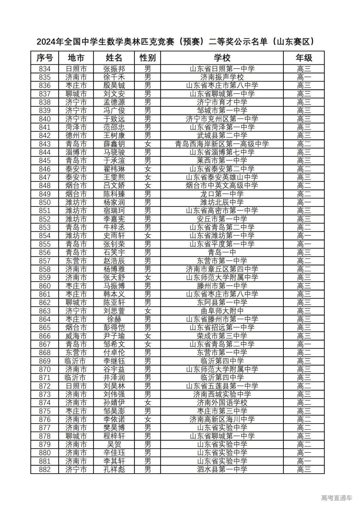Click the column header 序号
[x=45, y=58]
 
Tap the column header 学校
[x=222, y=58]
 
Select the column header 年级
[x=304, y=58]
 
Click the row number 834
[x=45, y=69]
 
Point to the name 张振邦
[x=114, y=69]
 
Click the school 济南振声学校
[x=222, y=77]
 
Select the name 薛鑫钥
[x=114, y=144]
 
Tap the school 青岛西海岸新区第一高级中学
[x=222, y=144]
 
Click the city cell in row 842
[x=76, y=136]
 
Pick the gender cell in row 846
[x=148, y=169]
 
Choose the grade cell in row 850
[x=304, y=202]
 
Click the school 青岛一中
[x=222, y=253]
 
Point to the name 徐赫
[x=114, y=319]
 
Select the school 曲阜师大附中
[x=222, y=311]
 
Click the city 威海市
[x=76, y=336]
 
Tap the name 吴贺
[x=114, y=445]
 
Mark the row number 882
[x=45, y=470]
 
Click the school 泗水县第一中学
[x=222, y=470]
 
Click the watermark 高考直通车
[x=336, y=498]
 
